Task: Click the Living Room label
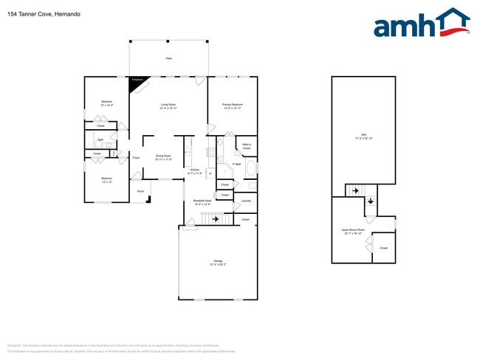point(168,106)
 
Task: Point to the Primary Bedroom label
point(233,106)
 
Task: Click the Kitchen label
point(195,171)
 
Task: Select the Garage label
point(218,263)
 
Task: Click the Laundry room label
point(246,201)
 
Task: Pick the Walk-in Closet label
point(247,147)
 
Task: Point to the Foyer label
point(136,158)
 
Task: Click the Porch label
point(140,191)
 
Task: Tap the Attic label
point(363,136)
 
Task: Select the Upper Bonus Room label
point(352,232)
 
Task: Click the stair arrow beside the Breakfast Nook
point(215,218)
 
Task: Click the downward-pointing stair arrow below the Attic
point(370,201)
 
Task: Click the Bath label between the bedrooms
point(100,139)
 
